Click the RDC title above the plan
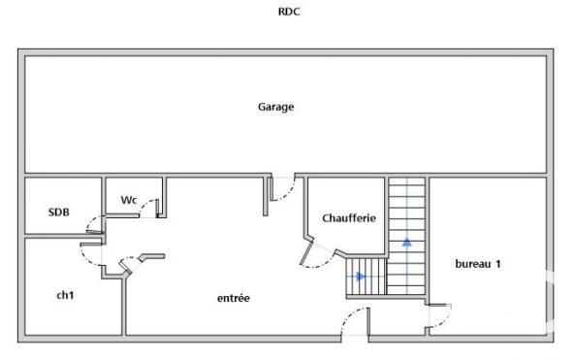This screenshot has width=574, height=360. [x=287, y=14]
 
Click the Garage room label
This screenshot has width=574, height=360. [x=275, y=107]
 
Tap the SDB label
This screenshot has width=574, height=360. [x=58, y=212]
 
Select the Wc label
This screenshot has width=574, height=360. [x=129, y=200]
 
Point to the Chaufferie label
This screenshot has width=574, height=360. [x=348, y=218]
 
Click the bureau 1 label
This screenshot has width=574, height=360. [x=477, y=264]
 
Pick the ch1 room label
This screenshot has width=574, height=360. [x=65, y=293]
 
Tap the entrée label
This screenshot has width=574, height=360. [x=233, y=298]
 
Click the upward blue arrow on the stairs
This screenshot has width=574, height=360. [x=407, y=241]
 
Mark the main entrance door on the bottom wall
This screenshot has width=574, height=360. [x=354, y=323]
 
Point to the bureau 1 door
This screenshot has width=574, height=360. [x=436, y=317]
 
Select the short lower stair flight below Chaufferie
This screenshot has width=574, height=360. [x=366, y=278]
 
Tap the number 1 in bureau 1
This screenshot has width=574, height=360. [x=497, y=264]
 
